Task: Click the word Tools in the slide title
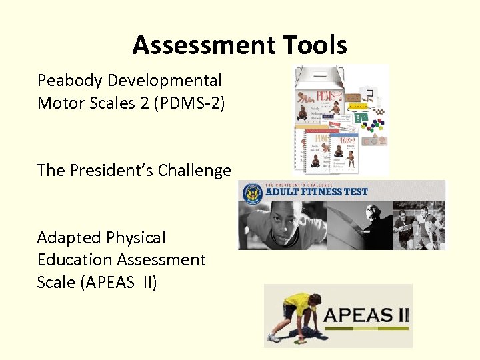click(313, 45)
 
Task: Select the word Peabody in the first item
click(70, 81)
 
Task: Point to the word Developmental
click(165, 81)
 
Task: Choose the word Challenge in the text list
click(194, 171)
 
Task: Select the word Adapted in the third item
click(67, 238)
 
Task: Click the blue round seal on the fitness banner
click(253, 194)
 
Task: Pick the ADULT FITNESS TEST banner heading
click(317, 192)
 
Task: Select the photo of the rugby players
click(419, 227)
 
